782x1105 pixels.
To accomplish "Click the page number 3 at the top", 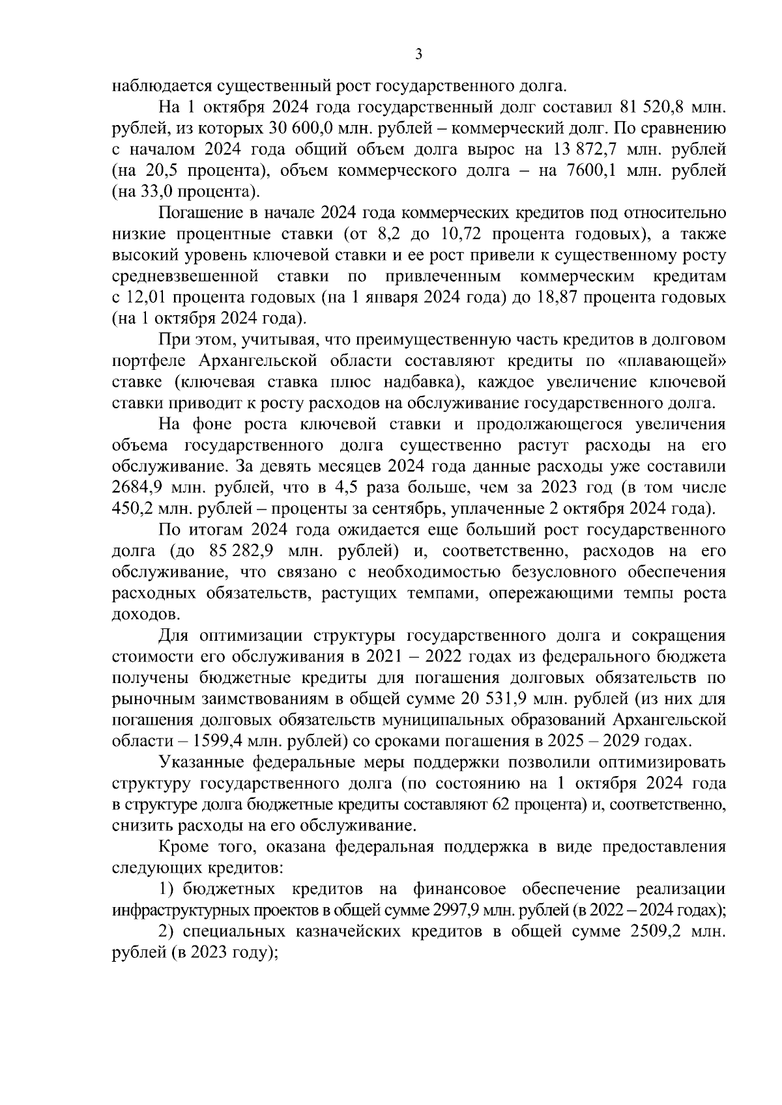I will tap(418, 55).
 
